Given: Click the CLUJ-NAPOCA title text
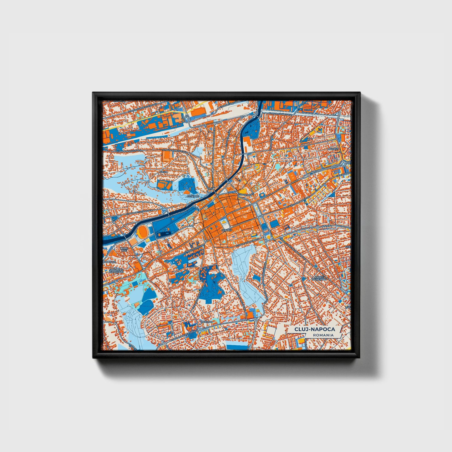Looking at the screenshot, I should click(314, 329).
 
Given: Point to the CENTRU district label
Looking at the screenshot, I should click(226, 230).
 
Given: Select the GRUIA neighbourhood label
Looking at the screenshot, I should click(164, 172).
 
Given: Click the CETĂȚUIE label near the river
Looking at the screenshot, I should click(192, 196).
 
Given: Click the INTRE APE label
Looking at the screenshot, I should click(124, 249).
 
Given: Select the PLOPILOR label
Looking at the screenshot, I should click(110, 261).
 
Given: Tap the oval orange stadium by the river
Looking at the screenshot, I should click(144, 232).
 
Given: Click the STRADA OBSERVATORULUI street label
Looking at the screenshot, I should click(183, 334).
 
